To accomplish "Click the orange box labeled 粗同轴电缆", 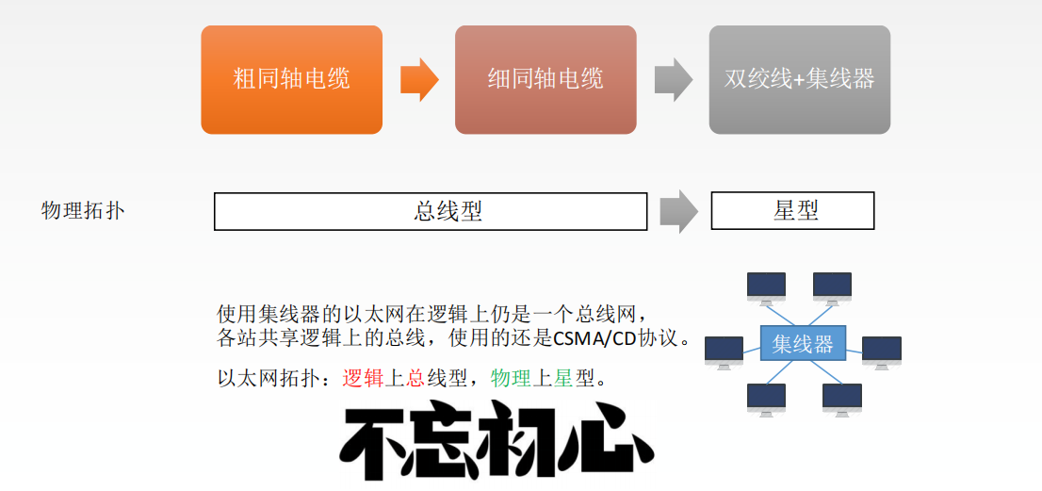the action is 291,79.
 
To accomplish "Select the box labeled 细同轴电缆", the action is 545,79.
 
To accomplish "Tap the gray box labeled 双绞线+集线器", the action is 799,79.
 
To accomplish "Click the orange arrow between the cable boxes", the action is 418,79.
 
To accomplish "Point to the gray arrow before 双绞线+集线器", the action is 673,79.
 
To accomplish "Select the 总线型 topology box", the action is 431,211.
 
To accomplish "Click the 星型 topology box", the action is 792,211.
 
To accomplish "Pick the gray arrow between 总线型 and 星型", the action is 678,211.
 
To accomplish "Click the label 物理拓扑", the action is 83,210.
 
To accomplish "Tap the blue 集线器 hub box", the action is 803,344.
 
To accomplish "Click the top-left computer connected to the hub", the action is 766,286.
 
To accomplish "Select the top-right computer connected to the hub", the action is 832,286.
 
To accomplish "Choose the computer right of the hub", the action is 882,351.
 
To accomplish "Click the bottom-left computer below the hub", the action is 766,398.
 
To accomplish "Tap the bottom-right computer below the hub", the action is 841,398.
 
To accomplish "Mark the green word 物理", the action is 512,379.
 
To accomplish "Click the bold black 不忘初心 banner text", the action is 497,442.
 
